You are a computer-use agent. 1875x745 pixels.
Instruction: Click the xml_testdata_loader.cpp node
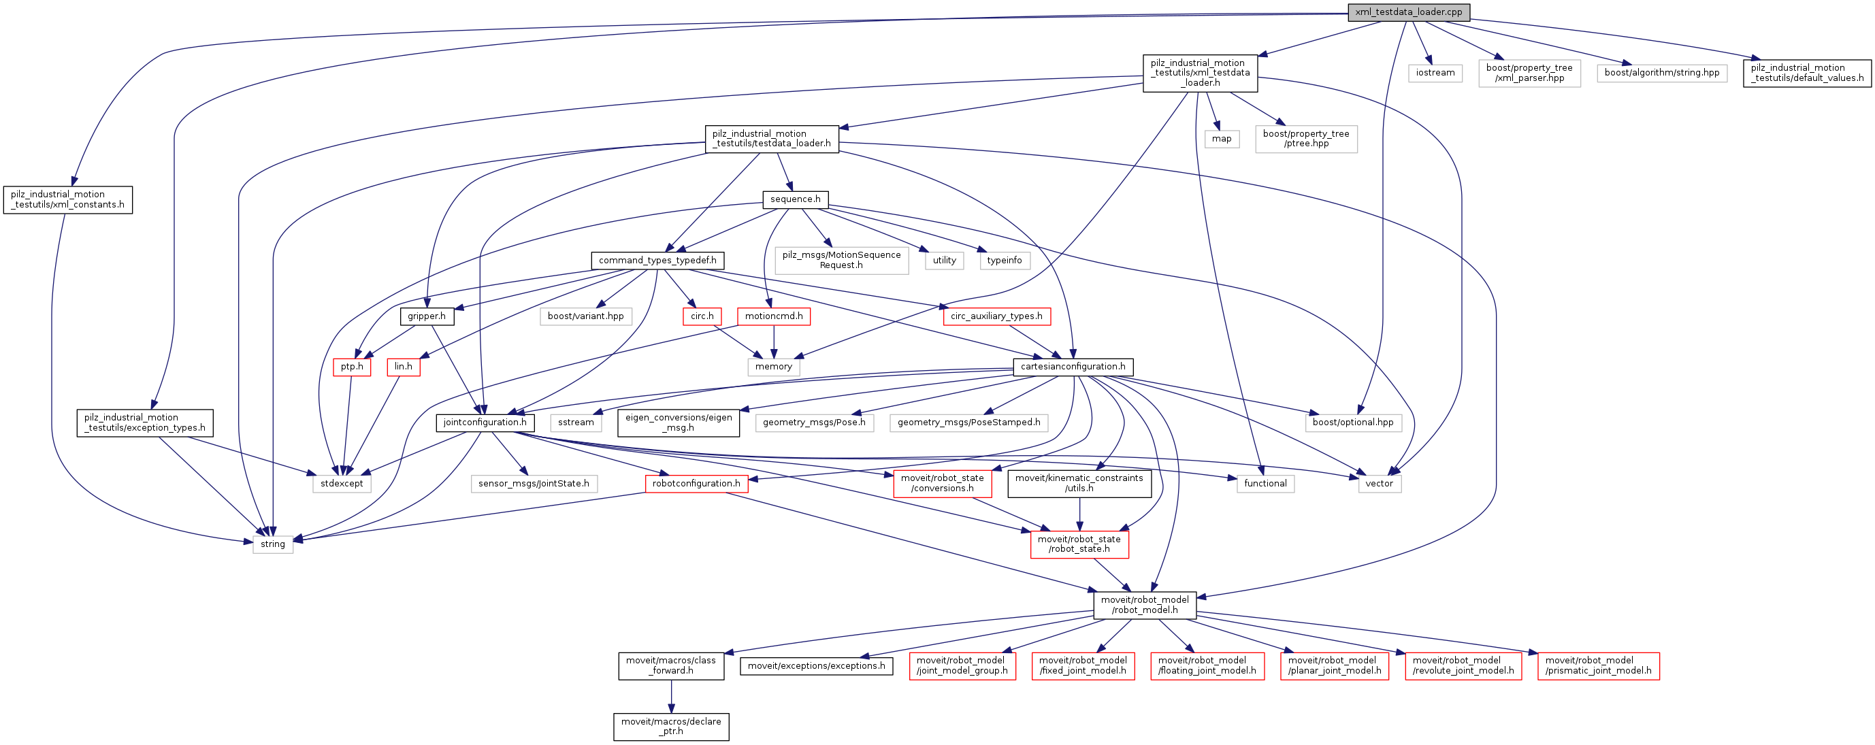click(1408, 12)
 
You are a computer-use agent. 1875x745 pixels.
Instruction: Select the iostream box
click(1435, 73)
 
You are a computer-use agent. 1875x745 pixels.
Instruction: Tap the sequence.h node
click(795, 199)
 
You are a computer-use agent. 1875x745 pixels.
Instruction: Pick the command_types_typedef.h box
click(657, 261)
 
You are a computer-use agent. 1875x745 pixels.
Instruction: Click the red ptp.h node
click(352, 367)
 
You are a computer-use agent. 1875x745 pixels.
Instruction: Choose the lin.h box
click(403, 367)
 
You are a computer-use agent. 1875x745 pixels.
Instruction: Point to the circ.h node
click(702, 316)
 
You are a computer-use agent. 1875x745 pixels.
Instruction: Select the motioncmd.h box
click(774, 316)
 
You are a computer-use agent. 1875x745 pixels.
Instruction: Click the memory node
click(773, 367)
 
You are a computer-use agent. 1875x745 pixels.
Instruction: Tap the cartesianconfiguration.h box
click(1073, 367)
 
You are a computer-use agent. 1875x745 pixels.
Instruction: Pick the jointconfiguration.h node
click(485, 423)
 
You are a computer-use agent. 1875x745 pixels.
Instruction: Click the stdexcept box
click(342, 484)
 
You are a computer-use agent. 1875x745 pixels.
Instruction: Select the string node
click(273, 544)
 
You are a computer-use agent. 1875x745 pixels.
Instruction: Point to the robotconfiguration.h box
click(696, 484)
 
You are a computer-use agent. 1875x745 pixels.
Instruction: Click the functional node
click(1265, 484)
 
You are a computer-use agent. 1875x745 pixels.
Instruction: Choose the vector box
click(1379, 484)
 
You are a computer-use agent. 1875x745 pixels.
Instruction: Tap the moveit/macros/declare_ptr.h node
click(671, 726)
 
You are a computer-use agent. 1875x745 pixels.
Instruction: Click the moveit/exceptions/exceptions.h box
click(816, 665)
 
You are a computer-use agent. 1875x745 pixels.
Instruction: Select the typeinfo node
click(1004, 261)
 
